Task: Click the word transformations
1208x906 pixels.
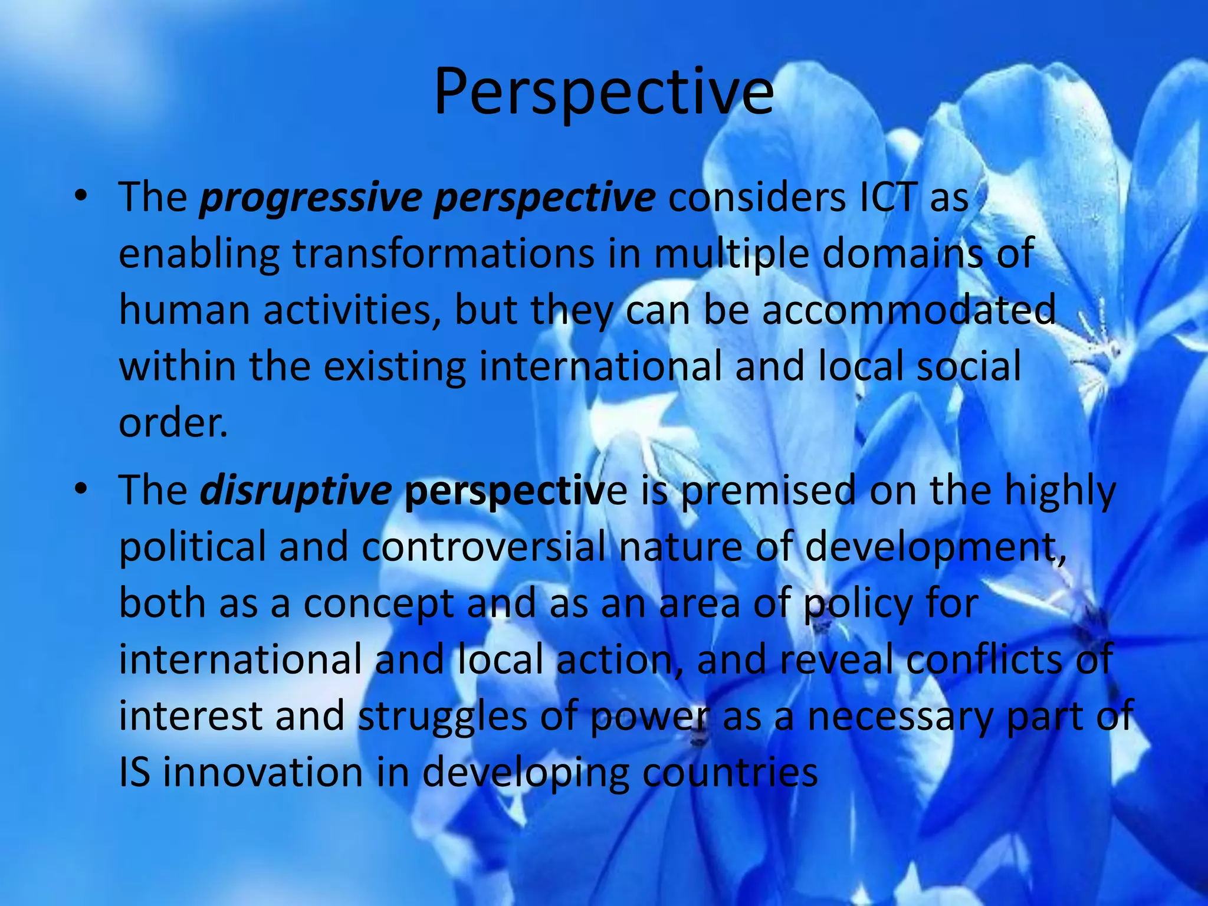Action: pyautogui.click(x=444, y=254)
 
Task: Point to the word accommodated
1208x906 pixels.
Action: pyautogui.click(x=908, y=310)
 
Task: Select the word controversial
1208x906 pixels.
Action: pyautogui.click(x=484, y=546)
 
